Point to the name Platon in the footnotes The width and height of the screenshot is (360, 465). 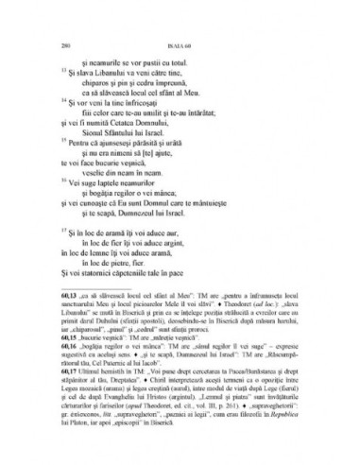(x=98, y=425)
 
